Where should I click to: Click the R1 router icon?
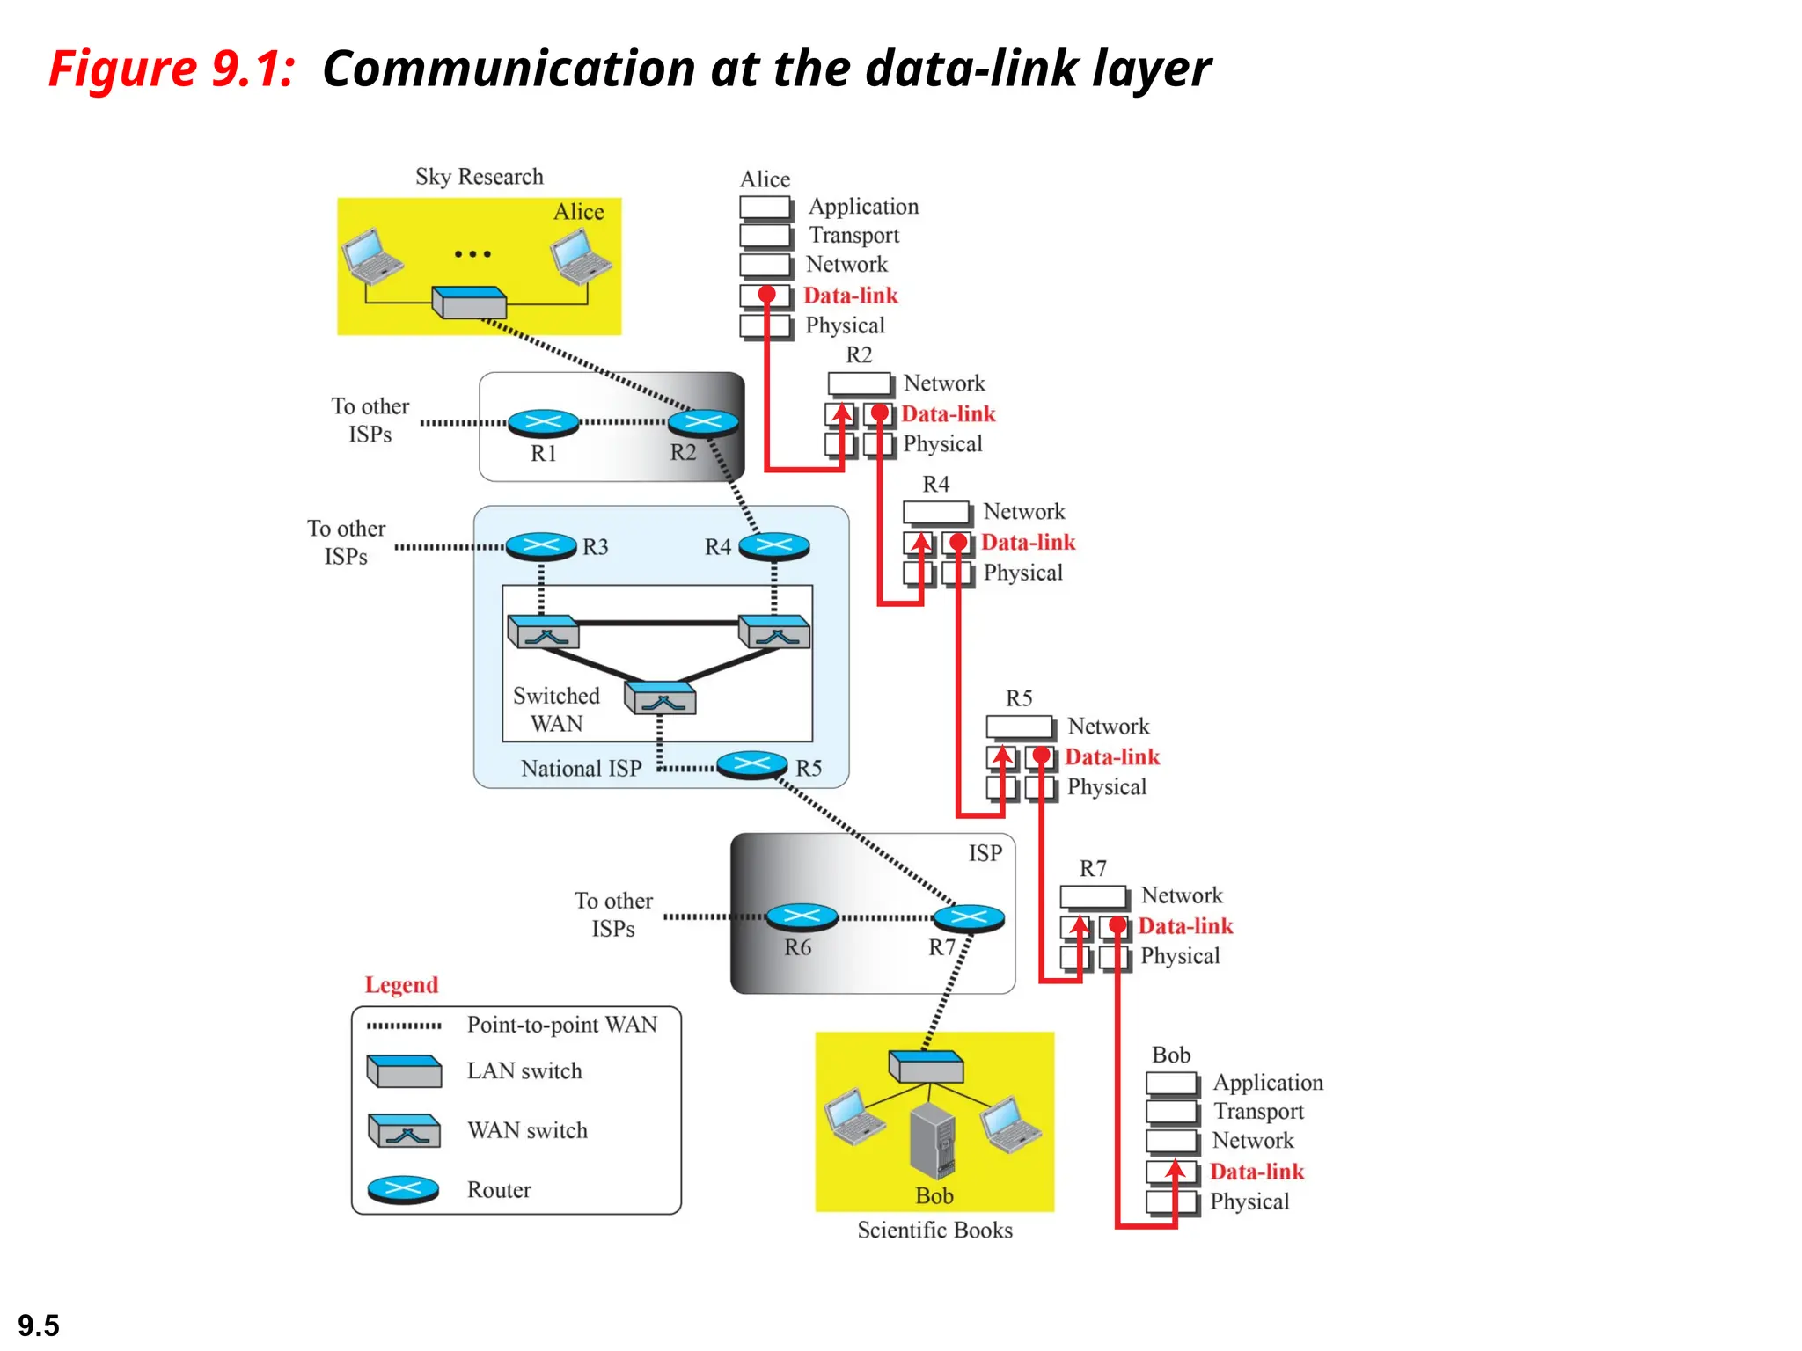pyautogui.click(x=543, y=423)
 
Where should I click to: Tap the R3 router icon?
pyautogui.click(x=541, y=546)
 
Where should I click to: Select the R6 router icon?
pyautogui.click(x=801, y=917)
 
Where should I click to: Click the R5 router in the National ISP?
pyautogui.click(x=751, y=764)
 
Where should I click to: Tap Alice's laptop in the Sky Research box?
pyautogui.click(x=581, y=256)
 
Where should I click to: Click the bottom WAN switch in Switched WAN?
pyautogui.click(x=660, y=698)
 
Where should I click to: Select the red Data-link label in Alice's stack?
pyautogui.click(x=850, y=296)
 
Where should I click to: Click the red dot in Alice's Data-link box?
pyautogui.click(x=767, y=294)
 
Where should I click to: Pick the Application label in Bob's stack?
pyautogui.click(x=1268, y=1083)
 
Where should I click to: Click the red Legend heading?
pyautogui.click(x=401, y=985)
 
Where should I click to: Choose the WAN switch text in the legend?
pyautogui.click(x=527, y=1130)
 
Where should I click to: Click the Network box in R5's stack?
pyautogui.click(x=1019, y=727)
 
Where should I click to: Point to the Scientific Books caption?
pyautogui.click(x=934, y=1231)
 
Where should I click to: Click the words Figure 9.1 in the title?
pyautogui.click(x=172, y=69)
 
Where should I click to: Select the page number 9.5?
pyautogui.click(x=39, y=1325)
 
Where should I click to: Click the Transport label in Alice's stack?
pyautogui.click(x=853, y=236)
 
